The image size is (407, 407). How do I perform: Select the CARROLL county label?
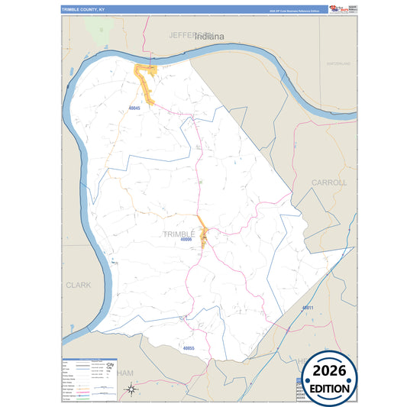[329, 183]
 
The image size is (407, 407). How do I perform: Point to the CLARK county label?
[78, 285]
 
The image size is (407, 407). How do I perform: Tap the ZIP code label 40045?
[134, 108]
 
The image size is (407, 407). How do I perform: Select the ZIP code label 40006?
[186, 240]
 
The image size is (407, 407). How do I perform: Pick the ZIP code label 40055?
[189, 348]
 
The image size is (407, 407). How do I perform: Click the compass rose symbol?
[131, 390]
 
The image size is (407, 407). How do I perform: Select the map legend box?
[89, 379]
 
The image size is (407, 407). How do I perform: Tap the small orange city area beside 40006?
[204, 231]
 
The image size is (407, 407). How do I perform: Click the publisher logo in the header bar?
[342, 9]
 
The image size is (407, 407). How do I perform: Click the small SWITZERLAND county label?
[338, 63]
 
